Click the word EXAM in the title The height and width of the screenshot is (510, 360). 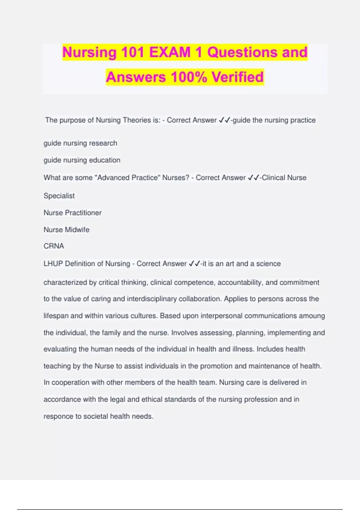click(x=170, y=52)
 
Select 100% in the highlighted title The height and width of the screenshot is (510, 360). click(x=189, y=77)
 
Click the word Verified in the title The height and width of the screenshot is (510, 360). click(x=238, y=77)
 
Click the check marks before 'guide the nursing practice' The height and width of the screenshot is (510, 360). click(x=224, y=120)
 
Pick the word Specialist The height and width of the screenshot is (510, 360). click(x=59, y=196)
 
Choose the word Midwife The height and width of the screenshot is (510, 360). click(x=77, y=229)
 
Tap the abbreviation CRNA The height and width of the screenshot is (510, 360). click(x=54, y=246)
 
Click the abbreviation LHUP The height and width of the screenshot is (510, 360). click(x=53, y=264)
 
